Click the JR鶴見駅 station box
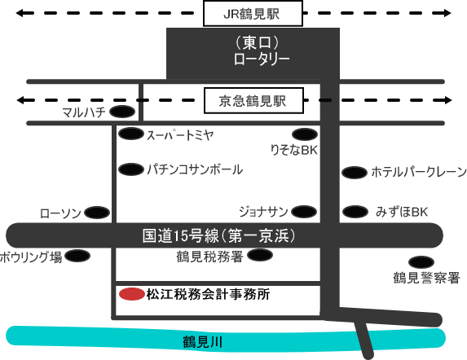click(253, 14)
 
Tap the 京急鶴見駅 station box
click(253, 100)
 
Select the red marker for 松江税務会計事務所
click(132, 294)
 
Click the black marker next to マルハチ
click(122, 112)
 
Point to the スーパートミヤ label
click(180, 135)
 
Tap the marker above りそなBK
click(305, 134)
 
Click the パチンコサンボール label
click(195, 169)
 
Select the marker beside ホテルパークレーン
click(355, 173)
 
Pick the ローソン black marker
click(97, 213)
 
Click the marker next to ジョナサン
click(304, 212)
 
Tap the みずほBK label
click(402, 212)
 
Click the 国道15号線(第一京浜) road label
click(219, 235)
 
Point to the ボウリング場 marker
click(77, 256)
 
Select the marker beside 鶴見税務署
click(260, 255)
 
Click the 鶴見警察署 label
click(426, 278)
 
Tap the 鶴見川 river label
click(203, 342)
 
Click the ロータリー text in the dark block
click(262, 59)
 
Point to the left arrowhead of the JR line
click(20, 13)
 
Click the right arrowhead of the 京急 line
click(448, 100)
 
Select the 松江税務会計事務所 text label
click(208, 294)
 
